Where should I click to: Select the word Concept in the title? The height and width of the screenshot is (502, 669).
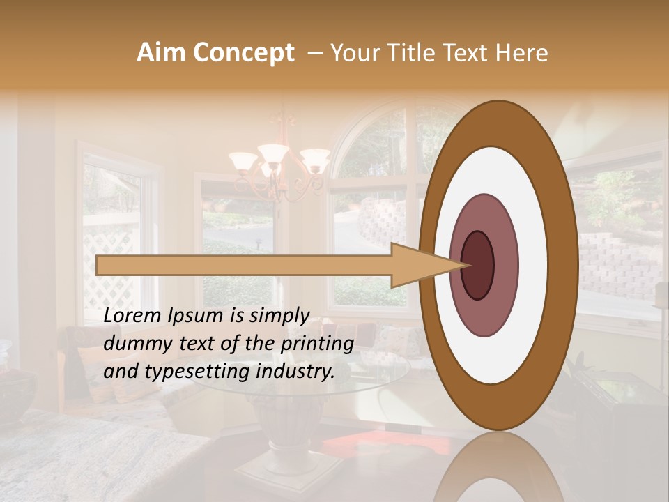(243, 53)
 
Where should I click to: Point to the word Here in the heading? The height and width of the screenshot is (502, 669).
(522, 53)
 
